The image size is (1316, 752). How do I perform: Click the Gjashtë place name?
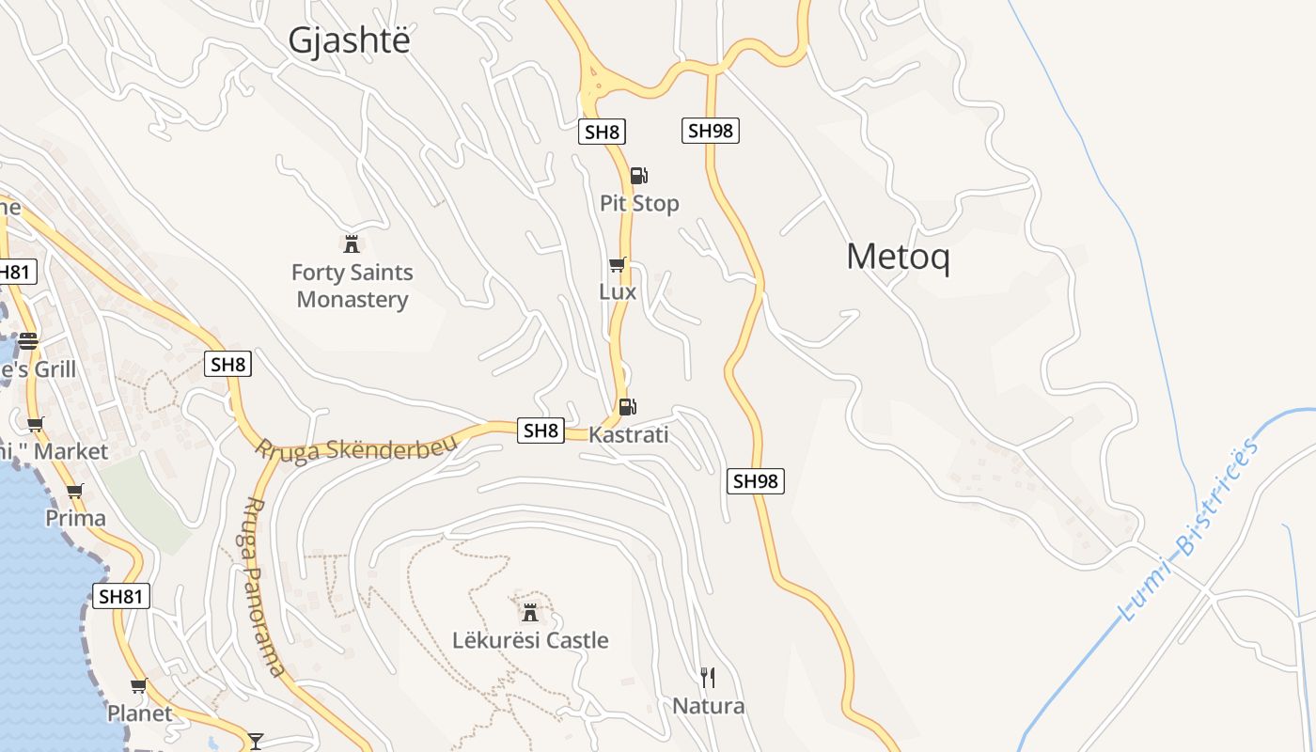click(x=350, y=40)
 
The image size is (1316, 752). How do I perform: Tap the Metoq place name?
click(x=898, y=257)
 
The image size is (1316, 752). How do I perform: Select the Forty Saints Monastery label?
click(x=352, y=286)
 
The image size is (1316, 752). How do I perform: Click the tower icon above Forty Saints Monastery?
click(x=352, y=244)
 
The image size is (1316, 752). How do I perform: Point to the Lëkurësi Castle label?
click(x=530, y=640)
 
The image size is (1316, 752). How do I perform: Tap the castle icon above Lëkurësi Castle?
click(x=530, y=613)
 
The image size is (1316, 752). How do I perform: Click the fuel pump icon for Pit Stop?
click(x=638, y=175)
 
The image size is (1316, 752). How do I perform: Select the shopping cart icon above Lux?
click(x=617, y=265)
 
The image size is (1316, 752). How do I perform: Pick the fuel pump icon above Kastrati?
click(x=628, y=407)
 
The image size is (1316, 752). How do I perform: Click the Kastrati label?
click(x=628, y=434)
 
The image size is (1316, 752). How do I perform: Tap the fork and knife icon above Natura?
click(x=708, y=677)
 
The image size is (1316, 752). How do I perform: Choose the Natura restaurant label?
click(x=708, y=706)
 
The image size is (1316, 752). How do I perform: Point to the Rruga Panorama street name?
click(x=262, y=587)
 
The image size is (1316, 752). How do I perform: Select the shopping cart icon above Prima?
click(x=75, y=491)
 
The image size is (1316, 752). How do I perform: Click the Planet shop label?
click(x=139, y=713)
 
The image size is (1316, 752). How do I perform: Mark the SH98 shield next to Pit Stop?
click(x=710, y=131)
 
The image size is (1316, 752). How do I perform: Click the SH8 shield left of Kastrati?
click(x=540, y=431)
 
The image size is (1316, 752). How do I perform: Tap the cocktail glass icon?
click(x=255, y=741)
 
